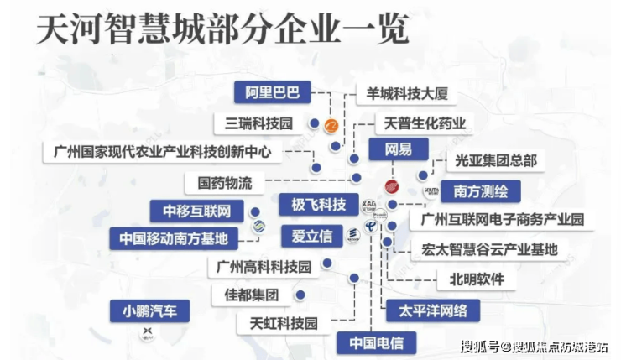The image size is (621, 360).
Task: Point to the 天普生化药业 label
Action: click(x=424, y=123)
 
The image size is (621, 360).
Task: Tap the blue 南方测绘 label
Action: click(x=480, y=190)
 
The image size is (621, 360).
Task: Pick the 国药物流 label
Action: click(x=231, y=181)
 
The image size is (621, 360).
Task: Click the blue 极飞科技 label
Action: click(x=318, y=205)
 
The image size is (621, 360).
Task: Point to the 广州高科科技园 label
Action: click(x=264, y=268)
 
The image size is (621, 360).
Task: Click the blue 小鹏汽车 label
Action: click(x=149, y=311)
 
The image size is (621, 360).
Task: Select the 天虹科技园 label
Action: click(x=284, y=322)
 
